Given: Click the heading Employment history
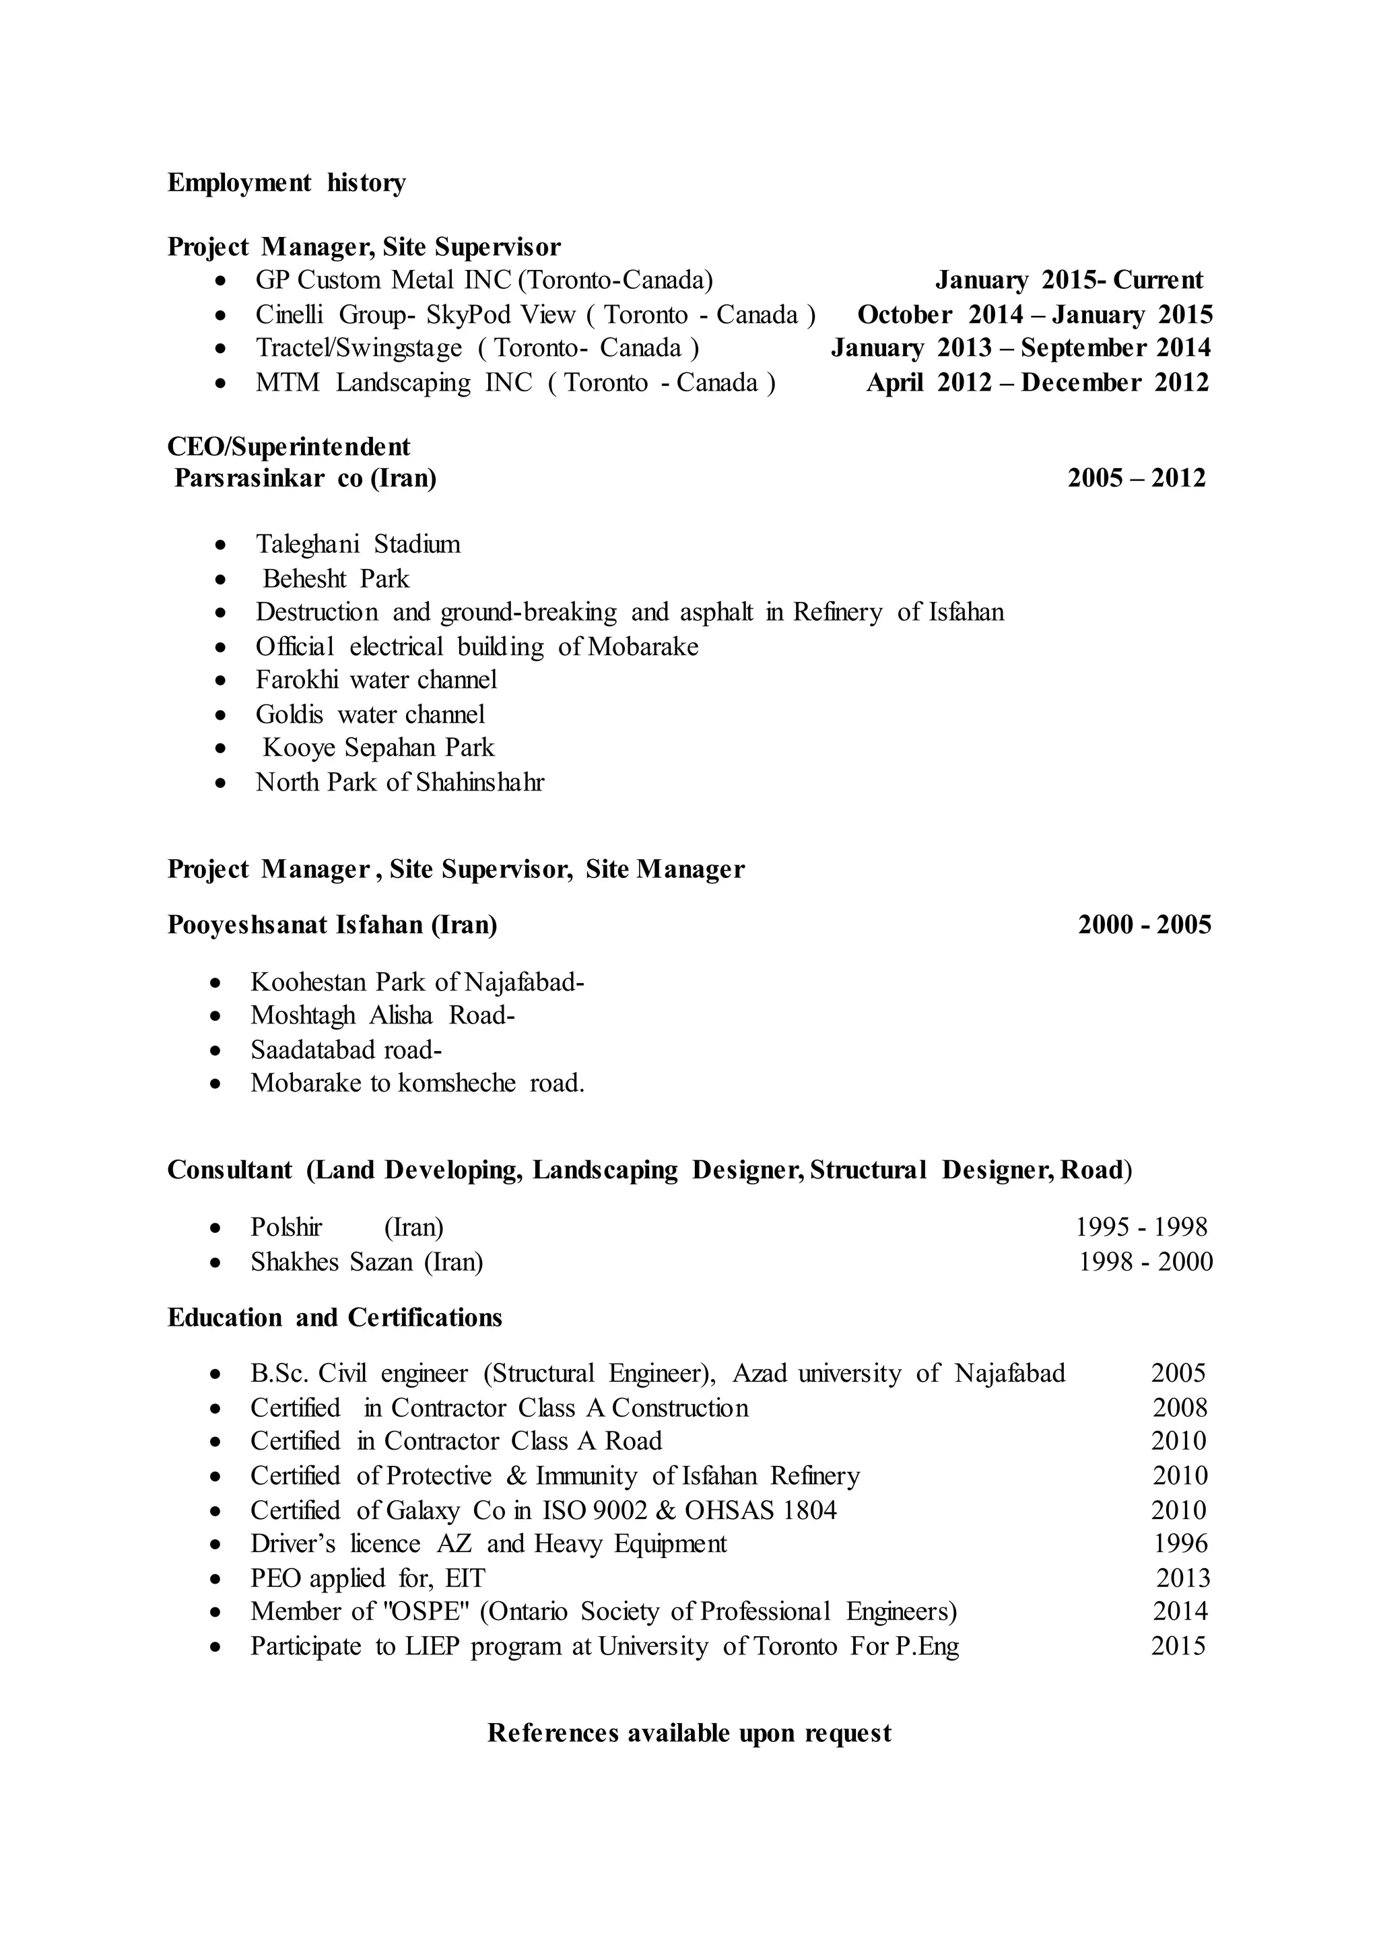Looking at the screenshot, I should click(286, 182).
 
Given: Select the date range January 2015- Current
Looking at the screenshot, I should click(1069, 280).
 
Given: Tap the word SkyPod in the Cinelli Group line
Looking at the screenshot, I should click(469, 315).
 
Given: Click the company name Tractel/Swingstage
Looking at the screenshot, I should click(358, 348).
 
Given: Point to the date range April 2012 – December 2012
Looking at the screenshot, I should click(1037, 383).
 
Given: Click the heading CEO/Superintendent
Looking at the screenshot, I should click(289, 446).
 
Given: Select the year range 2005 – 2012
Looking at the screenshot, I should click(1136, 478).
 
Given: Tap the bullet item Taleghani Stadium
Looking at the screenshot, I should click(358, 545).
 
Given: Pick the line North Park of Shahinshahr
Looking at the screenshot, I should click(399, 782).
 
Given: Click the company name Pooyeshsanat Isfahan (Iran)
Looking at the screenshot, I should click(332, 924).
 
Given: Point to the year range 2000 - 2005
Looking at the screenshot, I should click(1144, 924).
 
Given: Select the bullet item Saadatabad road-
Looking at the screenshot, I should click(345, 1050).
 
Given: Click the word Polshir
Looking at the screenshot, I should click(286, 1228).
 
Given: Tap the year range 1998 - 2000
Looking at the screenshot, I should click(1145, 1262).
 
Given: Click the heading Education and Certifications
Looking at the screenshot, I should click(335, 1317).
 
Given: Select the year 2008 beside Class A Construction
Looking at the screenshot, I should click(1178, 1408).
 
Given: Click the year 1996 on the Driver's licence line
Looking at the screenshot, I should click(1180, 1543).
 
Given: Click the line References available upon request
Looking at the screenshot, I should click(689, 1733).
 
